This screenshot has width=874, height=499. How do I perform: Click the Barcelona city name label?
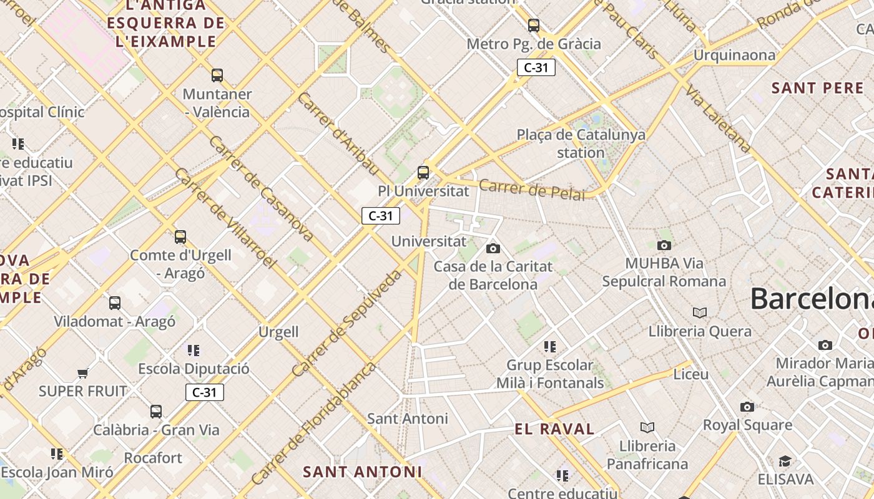(x=812, y=298)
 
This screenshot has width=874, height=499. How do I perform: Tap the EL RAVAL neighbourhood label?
(x=554, y=429)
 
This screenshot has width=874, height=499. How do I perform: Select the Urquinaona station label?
(x=735, y=56)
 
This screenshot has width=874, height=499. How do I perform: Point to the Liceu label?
(x=691, y=374)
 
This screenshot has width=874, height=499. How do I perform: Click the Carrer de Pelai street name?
(x=532, y=189)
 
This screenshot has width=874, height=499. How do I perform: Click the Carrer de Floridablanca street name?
(x=314, y=423)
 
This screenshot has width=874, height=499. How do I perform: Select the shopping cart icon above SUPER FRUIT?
(x=82, y=374)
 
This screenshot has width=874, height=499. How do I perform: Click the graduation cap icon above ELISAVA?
(x=785, y=462)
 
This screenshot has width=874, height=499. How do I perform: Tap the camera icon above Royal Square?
(x=747, y=407)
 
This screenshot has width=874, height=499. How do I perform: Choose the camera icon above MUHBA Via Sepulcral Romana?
(x=664, y=245)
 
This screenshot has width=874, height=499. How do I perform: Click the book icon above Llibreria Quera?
(x=700, y=312)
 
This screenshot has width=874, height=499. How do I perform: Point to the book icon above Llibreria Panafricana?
(x=647, y=427)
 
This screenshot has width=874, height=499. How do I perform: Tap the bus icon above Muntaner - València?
(x=217, y=75)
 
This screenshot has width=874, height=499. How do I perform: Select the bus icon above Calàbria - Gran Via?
(x=156, y=412)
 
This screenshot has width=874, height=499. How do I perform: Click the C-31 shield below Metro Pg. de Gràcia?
(x=536, y=67)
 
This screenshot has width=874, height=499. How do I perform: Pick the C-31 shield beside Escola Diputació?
(x=204, y=392)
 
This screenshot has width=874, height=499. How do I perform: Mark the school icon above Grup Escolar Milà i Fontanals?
(x=550, y=346)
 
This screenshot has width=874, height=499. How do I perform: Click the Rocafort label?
(x=153, y=458)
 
